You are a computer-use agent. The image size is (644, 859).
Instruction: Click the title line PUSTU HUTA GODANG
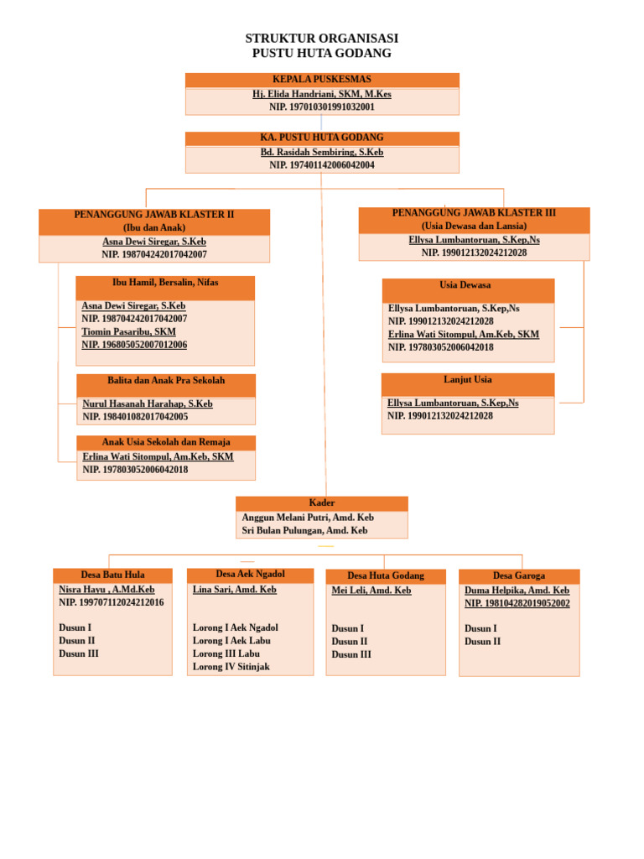coord(321,53)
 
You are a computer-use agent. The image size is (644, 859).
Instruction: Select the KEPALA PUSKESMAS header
coord(322,79)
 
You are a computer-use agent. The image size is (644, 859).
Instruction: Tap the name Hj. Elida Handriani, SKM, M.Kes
coord(322,94)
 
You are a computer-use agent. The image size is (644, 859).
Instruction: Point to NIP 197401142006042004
coord(322,165)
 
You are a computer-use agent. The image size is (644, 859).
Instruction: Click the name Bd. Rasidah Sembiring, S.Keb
coord(322,152)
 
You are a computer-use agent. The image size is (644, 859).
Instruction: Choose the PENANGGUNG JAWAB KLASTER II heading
coord(154,214)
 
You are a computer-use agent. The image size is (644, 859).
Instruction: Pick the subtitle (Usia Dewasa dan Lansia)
coord(475,226)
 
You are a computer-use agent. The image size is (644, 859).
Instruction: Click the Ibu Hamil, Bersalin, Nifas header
coord(165,282)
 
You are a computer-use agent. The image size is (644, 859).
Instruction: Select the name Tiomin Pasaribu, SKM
coord(128,331)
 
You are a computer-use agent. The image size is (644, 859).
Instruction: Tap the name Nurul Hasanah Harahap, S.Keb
coord(148,403)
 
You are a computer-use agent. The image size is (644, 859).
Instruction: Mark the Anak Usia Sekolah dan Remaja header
coord(166,441)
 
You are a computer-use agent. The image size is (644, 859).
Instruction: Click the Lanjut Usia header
coord(468,379)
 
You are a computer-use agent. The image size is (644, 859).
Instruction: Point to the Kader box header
coord(321,502)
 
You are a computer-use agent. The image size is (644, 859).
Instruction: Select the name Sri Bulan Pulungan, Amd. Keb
coord(304,530)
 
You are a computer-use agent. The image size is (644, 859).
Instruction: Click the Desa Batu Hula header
coord(113,575)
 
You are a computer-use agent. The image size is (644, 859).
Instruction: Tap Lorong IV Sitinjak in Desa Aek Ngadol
coord(231,667)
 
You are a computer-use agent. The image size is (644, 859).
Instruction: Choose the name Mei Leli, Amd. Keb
coord(371,590)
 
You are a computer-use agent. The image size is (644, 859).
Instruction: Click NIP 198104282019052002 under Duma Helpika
coord(517,603)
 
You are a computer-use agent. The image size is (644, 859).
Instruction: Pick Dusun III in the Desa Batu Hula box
coord(79,653)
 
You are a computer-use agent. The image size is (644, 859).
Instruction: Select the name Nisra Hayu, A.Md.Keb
coord(106,590)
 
